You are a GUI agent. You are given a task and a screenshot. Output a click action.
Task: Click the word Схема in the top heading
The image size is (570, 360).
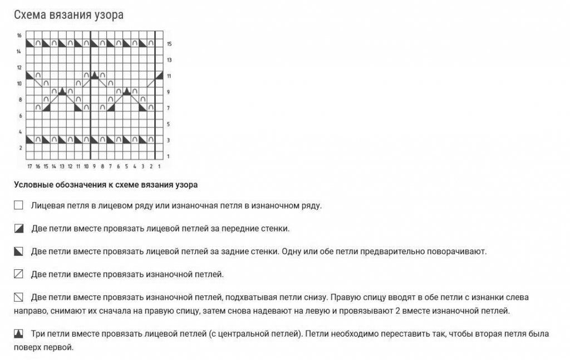tap(31, 15)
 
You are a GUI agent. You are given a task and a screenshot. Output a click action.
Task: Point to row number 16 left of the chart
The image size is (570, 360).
tap(19, 35)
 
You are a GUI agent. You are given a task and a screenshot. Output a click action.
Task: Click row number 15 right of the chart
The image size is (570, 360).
tap(169, 43)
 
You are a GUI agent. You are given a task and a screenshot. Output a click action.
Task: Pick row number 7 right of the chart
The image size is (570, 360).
tap(169, 108)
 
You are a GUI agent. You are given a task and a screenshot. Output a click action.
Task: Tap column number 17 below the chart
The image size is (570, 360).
tap(30, 166)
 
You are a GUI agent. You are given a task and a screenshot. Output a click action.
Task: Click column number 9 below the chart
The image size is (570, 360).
tap(94, 166)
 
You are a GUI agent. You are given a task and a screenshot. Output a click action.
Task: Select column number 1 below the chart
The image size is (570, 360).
tap(159, 166)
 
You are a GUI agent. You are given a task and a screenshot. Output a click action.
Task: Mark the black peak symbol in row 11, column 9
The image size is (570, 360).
tap(94, 75)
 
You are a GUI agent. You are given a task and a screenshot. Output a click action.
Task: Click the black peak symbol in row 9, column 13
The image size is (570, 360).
tap(62, 91)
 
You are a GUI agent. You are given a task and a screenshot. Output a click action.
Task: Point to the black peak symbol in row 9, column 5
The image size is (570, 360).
tap(126, 91)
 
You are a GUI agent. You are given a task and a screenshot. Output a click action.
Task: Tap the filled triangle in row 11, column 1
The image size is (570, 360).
tap(159, 75)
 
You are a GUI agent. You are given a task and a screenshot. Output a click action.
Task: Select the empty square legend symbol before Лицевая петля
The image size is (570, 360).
tap(18, 205)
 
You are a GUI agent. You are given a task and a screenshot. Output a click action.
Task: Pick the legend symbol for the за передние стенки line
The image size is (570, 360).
tap(18, 228)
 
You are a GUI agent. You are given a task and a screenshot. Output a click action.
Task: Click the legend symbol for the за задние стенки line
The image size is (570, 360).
tap(18, 251)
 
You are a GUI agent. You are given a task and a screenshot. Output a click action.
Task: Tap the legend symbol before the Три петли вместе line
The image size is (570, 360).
tap(18, 333)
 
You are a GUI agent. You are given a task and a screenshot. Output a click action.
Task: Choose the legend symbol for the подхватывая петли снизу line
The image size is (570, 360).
tap(18, 297)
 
